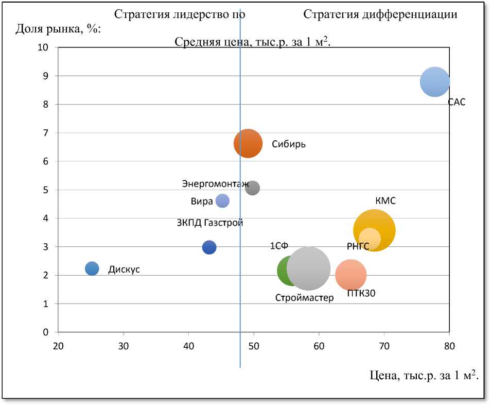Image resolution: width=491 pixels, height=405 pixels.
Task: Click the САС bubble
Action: (x=435, y=82)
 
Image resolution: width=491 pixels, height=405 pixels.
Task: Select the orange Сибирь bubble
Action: (x=248, y=143)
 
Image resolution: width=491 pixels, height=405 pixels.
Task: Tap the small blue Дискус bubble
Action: (x=92, y=268)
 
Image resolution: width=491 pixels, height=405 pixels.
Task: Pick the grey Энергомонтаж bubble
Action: (x=252, y=188)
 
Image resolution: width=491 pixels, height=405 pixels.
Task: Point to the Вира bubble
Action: (x=222, y=201)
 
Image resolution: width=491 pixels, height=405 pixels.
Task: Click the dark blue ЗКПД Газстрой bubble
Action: (x=209, y=247)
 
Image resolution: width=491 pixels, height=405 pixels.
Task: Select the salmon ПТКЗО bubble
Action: (x=350, y=275)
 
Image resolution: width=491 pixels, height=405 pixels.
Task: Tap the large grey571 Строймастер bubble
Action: (x=308, y=268)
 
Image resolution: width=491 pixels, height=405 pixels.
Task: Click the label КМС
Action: (x=385, y=201)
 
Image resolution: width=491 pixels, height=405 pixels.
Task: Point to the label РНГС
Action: (x=358, y=246)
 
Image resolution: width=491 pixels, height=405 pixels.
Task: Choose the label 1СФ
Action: (x=279, y=246)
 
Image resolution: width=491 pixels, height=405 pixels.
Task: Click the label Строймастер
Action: (x=304, y=298)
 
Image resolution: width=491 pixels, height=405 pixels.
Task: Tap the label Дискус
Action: (x=124, y=269)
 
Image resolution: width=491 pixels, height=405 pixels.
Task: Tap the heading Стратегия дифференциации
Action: (x=380, y=14)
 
